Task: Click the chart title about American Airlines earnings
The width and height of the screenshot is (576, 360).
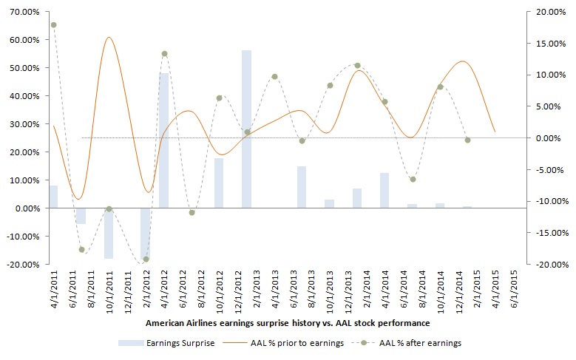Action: tap(288, 323)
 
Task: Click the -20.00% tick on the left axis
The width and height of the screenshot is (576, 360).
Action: tap(23, 264)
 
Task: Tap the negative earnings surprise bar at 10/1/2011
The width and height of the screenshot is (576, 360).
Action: tap(109, 233)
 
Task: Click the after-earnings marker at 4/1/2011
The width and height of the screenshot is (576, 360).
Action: tap(53, 25)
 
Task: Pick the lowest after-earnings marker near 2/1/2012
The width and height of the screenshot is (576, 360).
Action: tap(146, 259)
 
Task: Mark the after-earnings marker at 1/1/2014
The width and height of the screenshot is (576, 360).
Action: tap(357, 65)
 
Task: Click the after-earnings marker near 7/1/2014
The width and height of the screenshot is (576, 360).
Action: tap(413, 179)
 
